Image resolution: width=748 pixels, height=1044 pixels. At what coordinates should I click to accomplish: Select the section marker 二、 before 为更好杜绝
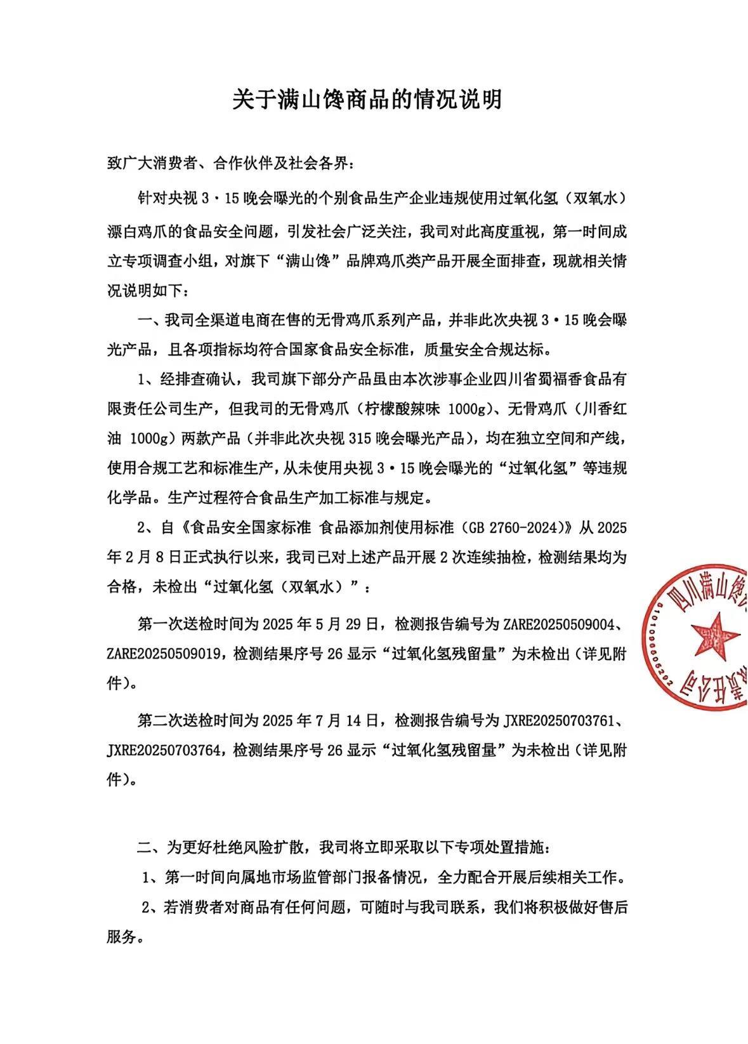pos(151,847)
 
